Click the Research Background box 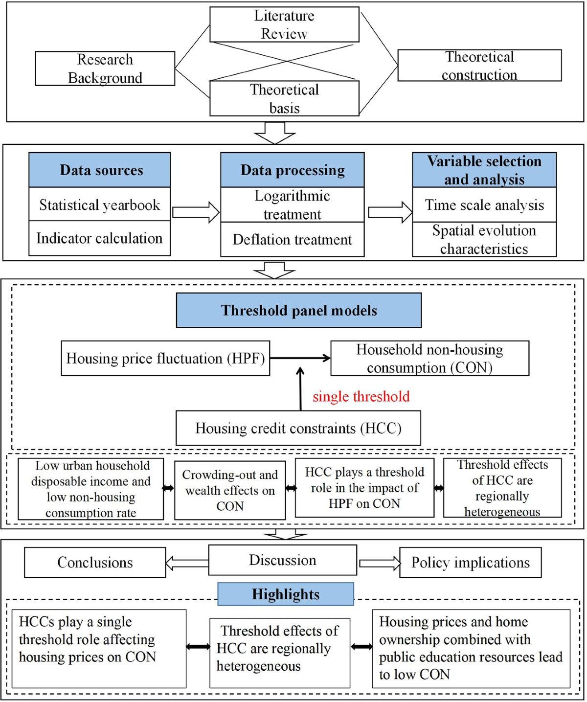tap(105, 68)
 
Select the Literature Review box tap(284, 24)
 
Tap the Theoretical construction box tap(479, 66)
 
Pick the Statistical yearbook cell tap(100, 204)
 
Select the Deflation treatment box tap(292, 240)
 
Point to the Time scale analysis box tap(484, 205)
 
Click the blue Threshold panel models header tap(298, 310)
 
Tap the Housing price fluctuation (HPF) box tap(165, 359)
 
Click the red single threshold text tap(361, 396)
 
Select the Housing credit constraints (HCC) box tap(298, 428)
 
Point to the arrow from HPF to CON tap(300, 359)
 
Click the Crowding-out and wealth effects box tap(230, 490)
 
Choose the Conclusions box tap(95, 563)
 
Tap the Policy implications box tap(470, 563)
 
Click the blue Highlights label tap(286, 594)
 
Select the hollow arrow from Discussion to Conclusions tap(187, 563)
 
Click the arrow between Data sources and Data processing tap(196, 212)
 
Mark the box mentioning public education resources tap(471, 648)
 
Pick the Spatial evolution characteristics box tap(484, 240)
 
